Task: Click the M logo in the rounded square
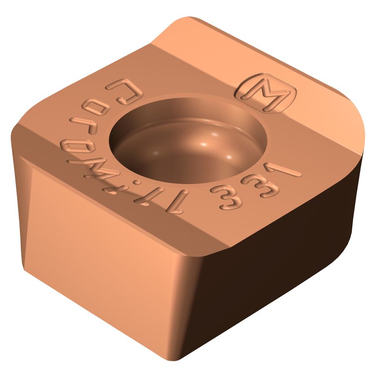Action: pyautogui.click(x=265, y=93)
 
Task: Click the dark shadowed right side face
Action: pyautogui.click(x=282, y=247)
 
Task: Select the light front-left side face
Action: pyautogui.click(x=101, y=238)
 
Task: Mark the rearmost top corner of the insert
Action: pyautogui.click(x=185, y=20)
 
